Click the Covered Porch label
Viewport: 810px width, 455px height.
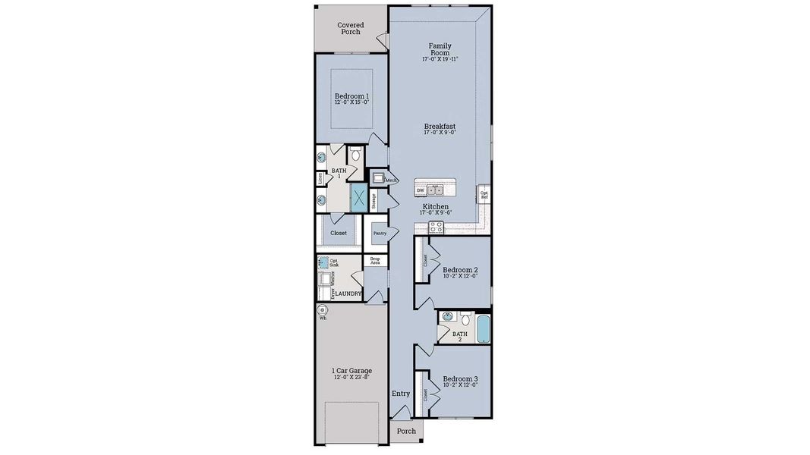[351, 29]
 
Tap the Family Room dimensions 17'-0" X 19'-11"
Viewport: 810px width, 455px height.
[440, 59]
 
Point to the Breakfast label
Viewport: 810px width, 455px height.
[440, 126]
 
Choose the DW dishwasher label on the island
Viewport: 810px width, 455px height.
[420, 190]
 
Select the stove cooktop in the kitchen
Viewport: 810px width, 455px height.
[437, 226]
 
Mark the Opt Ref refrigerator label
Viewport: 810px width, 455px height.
[484, 195]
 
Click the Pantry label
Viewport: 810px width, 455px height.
[379, 234]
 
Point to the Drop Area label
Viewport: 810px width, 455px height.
[375, 260]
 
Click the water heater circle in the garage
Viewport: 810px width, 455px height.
[322, 309]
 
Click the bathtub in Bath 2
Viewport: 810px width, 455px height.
[481, 328]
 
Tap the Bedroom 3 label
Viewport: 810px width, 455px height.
[460, 378]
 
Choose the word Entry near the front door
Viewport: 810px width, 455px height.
[401, 394]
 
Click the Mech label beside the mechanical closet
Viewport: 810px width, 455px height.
[391, 180]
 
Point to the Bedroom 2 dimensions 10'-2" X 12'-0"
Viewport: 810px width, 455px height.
[460, 277]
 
